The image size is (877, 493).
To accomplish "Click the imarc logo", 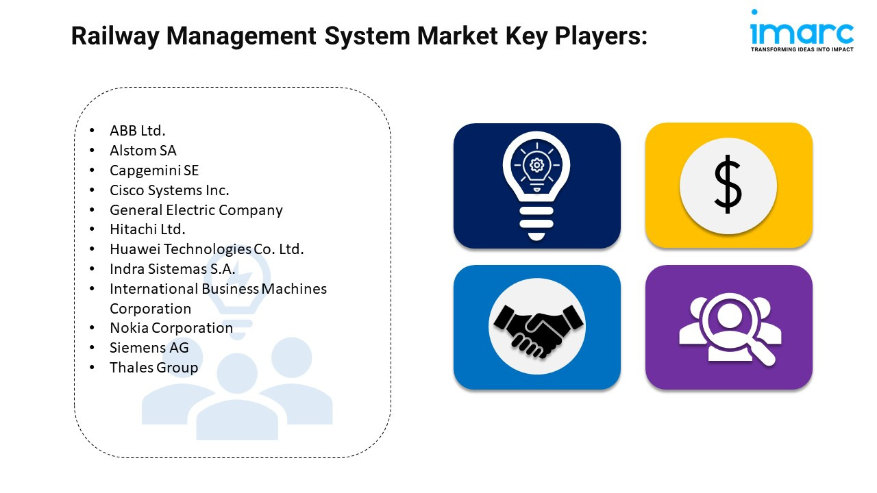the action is click(802, 31).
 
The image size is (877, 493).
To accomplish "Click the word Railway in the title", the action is click(115, 36).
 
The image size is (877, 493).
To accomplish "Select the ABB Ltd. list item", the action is click(138, 131).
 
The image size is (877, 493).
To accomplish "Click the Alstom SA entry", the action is click(143, 151).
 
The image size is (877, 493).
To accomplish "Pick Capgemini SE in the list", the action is click(154, 170).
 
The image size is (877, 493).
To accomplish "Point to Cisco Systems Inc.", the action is click(169, 190).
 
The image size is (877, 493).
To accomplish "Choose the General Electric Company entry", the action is click(196, 210).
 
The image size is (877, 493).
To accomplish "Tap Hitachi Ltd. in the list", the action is click(147, 229).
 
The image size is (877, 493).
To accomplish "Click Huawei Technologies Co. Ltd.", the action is click(207, 249).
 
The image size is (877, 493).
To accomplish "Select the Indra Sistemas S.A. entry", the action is click(172, 269).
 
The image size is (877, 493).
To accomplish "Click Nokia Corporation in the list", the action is click(171, 328).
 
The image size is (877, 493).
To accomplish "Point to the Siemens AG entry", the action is click(149, 348).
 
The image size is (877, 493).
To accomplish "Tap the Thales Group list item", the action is click(154, 368).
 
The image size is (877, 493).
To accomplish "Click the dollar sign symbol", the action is click(728, 184).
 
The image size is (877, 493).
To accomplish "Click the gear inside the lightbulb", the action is click(536, 165).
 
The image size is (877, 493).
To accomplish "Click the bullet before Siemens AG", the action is click(92, 347).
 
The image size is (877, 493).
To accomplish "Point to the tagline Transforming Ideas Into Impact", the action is click(802, 50).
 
